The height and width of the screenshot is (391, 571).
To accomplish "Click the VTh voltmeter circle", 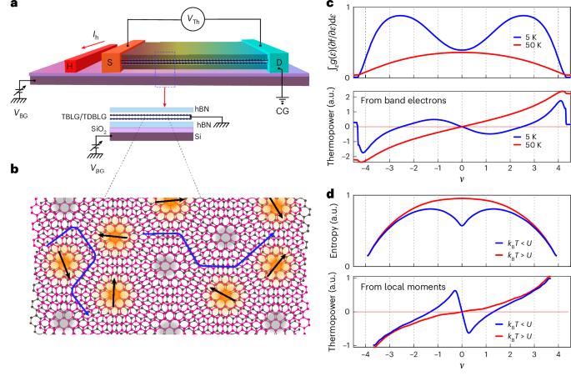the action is (193, 19).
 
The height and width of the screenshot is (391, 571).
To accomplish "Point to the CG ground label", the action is (283, 111).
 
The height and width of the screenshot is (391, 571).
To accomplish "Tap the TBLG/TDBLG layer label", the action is (84, 117).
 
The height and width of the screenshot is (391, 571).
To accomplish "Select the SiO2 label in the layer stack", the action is (98, 129).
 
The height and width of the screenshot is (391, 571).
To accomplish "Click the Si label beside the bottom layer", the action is (198, 137).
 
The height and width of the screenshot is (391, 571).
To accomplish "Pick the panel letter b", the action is (14, 169).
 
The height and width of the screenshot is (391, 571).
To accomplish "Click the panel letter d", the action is (330, 194).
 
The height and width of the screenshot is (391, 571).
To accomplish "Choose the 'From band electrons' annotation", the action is (403, 101).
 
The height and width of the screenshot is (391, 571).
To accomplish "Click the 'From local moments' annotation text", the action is (403, 287).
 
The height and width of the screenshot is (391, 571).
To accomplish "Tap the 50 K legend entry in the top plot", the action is (528, 45).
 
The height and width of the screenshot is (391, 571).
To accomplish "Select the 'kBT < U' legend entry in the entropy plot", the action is (513, 243).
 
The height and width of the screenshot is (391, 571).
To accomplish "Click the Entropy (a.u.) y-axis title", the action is (333, 230).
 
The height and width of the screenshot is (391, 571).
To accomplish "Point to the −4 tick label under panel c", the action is (365, 168).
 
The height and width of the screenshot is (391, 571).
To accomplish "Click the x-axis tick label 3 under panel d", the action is (533, 354).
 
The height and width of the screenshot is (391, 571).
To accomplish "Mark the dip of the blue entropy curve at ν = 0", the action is (462, 226).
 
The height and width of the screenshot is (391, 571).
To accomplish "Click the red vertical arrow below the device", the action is (164, 98).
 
